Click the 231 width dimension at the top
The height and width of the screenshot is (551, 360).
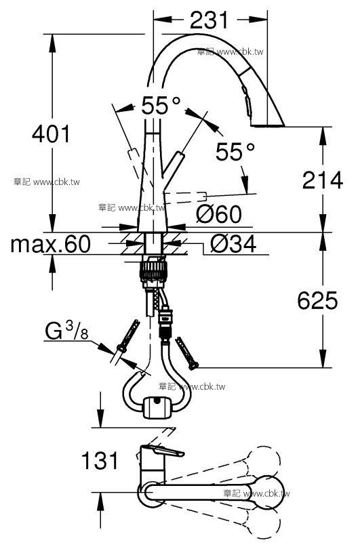[x=209, y=20]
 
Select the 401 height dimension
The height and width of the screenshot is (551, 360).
[x=51, y=134]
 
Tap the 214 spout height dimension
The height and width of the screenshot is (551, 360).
[x=323, y=180]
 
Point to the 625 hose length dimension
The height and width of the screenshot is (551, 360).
[x=317, y=301]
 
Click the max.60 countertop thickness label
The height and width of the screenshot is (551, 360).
[x=51, y=244]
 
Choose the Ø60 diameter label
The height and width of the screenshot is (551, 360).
[x=219, y=214]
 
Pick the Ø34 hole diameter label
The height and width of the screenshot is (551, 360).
[x=233, y=244]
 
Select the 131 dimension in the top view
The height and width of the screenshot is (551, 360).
[x=100, y=461]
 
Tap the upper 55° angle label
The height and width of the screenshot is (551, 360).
[x=161, y=105]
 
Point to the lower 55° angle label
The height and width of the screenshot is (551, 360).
[x=235, y=151]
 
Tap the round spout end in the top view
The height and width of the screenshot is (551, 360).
[x=268, y=492]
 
